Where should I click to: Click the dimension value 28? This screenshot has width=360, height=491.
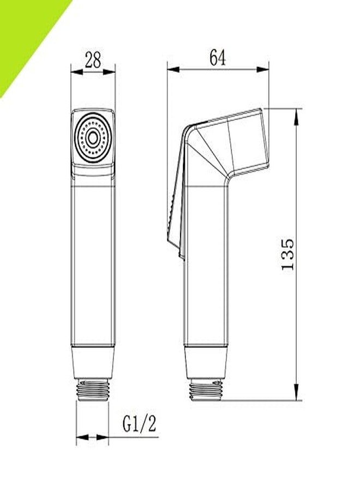(x=93, y=60)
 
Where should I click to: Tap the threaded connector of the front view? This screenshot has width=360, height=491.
(x=93, y=390)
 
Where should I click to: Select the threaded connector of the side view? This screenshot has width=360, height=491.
(x=206, y=390)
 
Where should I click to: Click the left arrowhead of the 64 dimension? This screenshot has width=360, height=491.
(x=171, y=69)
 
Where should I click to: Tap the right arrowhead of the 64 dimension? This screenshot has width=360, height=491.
(x=265, y=69)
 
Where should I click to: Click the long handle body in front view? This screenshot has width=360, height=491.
(x=93, y=262)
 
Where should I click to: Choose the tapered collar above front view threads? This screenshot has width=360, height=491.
(x=93, y=363)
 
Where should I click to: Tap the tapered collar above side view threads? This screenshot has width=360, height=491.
(x=206, y=363)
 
